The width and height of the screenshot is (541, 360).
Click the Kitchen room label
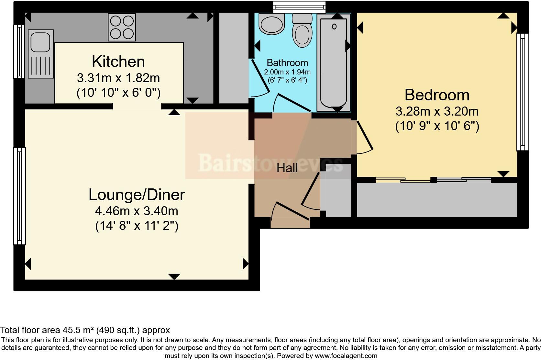pos(118,62)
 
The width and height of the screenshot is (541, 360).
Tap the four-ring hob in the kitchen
pos(122,27)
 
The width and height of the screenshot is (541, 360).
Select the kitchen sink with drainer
pos(41,54)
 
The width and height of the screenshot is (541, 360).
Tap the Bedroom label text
pos(437,95)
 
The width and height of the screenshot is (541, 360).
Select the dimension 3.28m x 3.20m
pos(437,111)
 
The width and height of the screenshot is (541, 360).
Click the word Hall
pos(287,168)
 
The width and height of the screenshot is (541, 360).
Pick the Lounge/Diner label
pos(137,195)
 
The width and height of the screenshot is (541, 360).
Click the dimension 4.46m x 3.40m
pos(137,211)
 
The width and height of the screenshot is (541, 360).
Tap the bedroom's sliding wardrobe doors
pos(434,180)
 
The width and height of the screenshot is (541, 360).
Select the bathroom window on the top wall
pos(299,7)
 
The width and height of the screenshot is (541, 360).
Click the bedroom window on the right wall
pos(522,92)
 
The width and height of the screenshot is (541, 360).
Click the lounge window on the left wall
pos(19,196)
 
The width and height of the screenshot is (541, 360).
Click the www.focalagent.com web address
pos(346,356)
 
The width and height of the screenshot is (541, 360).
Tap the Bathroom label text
pos(287,62)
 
